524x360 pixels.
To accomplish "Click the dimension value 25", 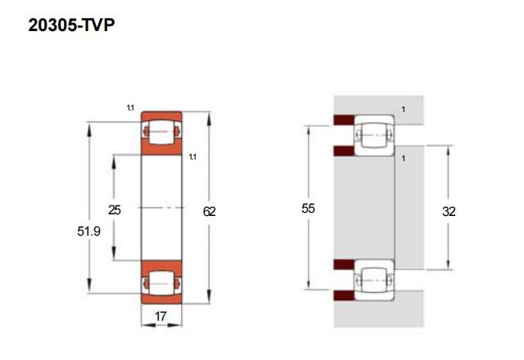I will (115, 210).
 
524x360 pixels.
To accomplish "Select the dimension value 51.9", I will (89, 232).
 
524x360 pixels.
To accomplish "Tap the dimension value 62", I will (209, 210).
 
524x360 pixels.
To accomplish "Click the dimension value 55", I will (308, 209).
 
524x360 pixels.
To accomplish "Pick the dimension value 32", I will (449, 210).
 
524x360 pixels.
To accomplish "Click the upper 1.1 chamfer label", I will (130, 108).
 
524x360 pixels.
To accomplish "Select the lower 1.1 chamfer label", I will (192, 156).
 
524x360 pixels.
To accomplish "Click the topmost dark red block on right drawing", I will (343, 120).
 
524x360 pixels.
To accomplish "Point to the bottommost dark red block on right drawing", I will (343, 295).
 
